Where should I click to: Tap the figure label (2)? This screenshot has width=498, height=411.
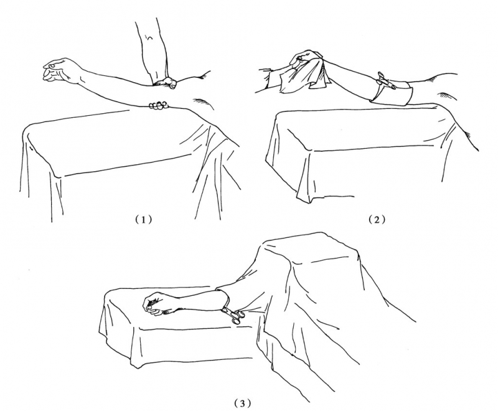[x=377, y=220]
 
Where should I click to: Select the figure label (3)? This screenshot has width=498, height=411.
[x=242, y=404]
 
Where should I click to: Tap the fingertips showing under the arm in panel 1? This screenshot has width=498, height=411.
[x=158, y=105]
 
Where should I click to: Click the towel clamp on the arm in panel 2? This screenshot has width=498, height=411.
[x=385, y=80]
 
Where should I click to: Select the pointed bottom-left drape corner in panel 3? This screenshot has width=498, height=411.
[x=136, y=366]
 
